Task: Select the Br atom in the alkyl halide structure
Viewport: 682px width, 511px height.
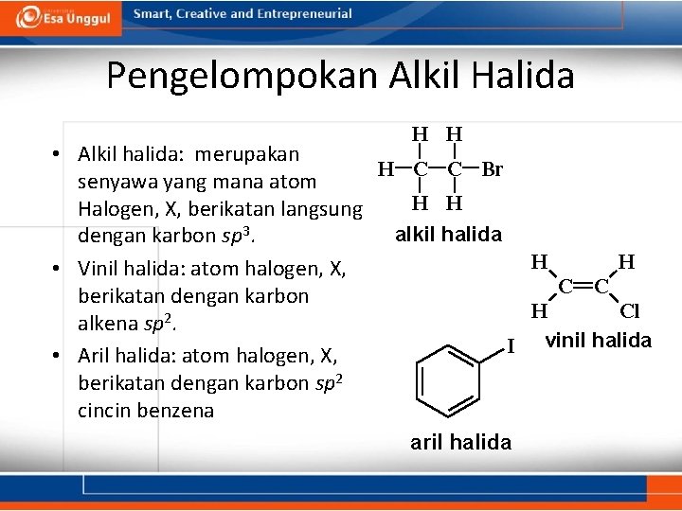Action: pos(492,170)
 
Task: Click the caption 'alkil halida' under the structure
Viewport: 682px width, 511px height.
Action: pos(448,234)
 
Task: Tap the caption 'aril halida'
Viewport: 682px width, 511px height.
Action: pos(460,442)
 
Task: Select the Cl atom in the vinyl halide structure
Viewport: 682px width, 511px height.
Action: pos(629,310)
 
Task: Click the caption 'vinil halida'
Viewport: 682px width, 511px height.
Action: pos(599,340)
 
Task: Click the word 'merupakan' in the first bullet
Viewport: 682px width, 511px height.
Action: pos(256,153)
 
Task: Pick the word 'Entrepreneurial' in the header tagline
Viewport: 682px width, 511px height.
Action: pos(304,14)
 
